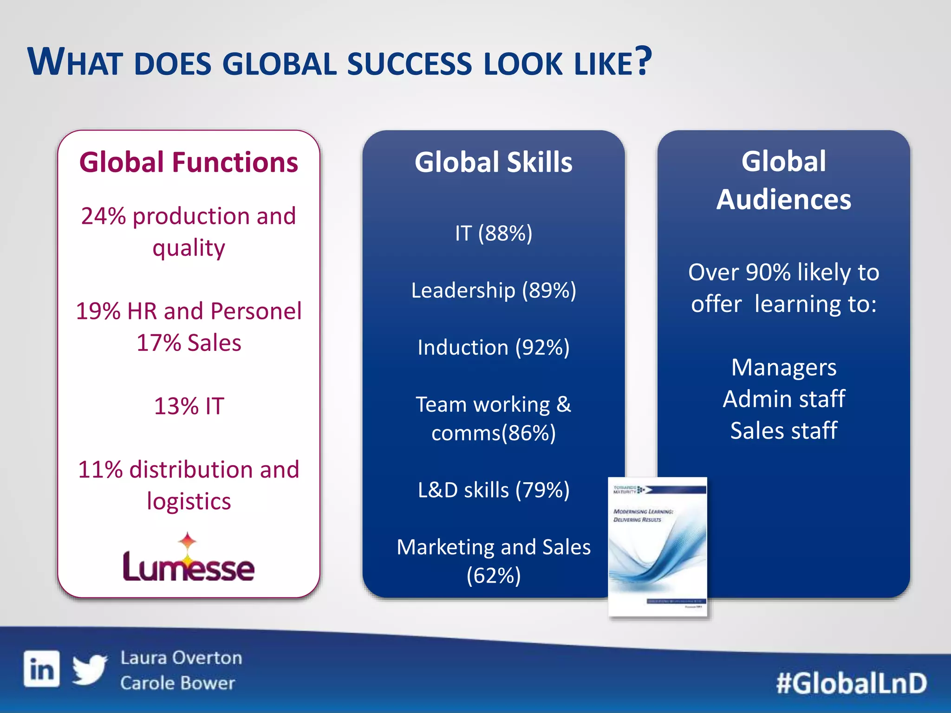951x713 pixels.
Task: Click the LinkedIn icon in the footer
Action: pyautogui.click(x=42, y=668)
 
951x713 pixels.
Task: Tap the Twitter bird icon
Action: pyautogui.click(x=90, y=669)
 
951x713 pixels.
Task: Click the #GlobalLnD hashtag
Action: pyautogui.click(x=851, y=683)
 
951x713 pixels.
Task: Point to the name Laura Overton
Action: pyautogui.click(x=181, y=658)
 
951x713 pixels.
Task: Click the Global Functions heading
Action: pyautogui.click(x=189, y=162)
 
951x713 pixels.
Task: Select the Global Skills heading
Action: pyautogui.click(x=493, y=162)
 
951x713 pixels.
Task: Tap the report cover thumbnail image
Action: pyautogui.click(x=658, y=547)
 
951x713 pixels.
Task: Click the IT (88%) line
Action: pyautogui.click(x=493, y=233)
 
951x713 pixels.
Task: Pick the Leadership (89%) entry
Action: pyautogui.click(x=493, y=291)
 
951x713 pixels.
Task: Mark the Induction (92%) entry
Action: pyautogui.click(x=493, y=348)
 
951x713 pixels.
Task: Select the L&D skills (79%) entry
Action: pyautogui.click(x=493, y=490)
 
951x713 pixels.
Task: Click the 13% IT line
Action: pyautogui.click(x=189, y=406)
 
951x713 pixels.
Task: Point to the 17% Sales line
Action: pyautogui.click(x=189, y=343)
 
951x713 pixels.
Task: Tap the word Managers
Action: pyautogui.click(x=783, y=368)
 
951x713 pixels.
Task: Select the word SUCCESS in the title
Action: pyautogui.click(x=409, y=64)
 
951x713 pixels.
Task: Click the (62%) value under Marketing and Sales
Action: pyautogui.click(x=493, y=576)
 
